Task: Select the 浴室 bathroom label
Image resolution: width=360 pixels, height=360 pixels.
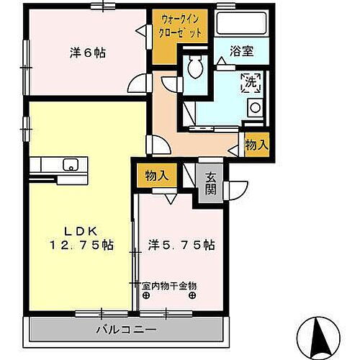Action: click(x=240, y=51)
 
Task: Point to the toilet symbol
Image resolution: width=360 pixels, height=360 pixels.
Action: click(x=194, y=69)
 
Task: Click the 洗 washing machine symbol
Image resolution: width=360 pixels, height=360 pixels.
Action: click(x=251, y=81)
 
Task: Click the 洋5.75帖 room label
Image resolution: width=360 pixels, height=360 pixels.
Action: click(x=180, y=244)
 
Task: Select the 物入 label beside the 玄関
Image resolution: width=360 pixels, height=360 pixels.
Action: click(x=156, y=176)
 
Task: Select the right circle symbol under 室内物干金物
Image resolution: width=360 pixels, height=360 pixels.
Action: click(x=192, y=295)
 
